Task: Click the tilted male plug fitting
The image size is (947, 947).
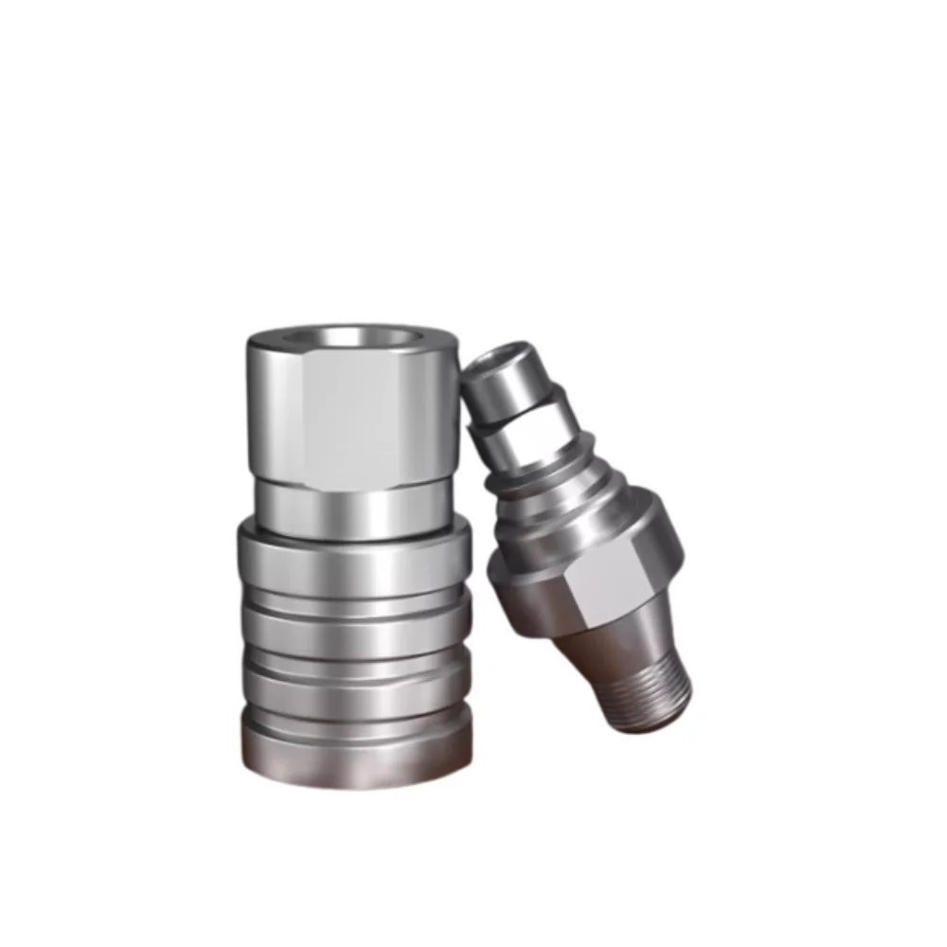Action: (578, 540)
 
